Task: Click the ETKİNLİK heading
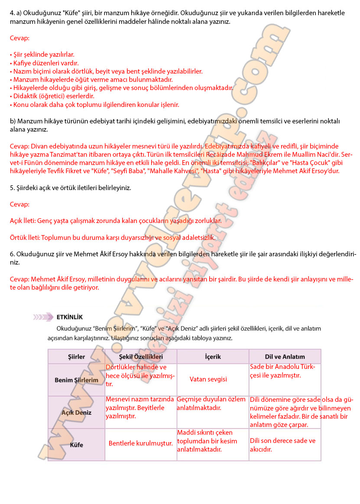pos(69,317)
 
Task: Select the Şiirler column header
pos(76,357)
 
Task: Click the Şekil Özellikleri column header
pos(141,357)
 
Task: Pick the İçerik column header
pos(213,357)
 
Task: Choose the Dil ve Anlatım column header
pos(285,357)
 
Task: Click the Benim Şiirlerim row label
pos(76,380)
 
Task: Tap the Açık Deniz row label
pos(76,413)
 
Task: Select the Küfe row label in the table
pos(76,445)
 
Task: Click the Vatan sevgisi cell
pos(208,379)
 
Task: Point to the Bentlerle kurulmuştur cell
pos(141,443)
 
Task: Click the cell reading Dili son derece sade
pos(282,445)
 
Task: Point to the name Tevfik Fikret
pos(64,171)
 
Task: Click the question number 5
pos(12,188)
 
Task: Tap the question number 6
pos(12,254)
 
